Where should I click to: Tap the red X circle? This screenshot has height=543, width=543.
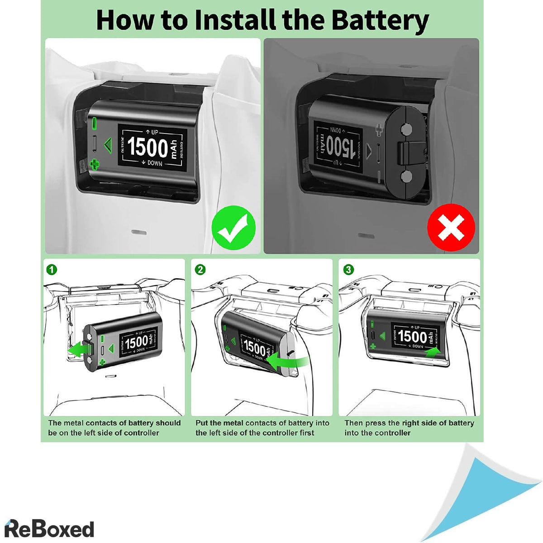(x=451, y=228)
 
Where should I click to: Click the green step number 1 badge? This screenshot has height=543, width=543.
(x=52, y=270)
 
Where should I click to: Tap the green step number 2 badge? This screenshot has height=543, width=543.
(x=200, y=270)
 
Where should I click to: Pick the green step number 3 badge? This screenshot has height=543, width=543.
(x=348, y=270)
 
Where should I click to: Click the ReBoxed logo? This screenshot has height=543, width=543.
(x=49, y=529)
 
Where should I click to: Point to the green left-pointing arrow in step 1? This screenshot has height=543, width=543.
(x=77, y=350)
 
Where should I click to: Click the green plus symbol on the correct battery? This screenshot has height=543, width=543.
(x=94, y=164)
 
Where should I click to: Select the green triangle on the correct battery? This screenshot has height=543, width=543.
(x=107, y=144)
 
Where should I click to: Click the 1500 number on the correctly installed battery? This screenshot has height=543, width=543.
(x=148, y=147)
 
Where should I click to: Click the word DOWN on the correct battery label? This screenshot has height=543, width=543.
(x=154, y=163)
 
